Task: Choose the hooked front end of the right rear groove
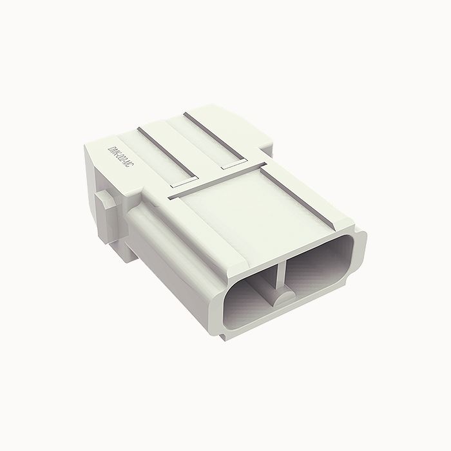click(232, 166)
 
